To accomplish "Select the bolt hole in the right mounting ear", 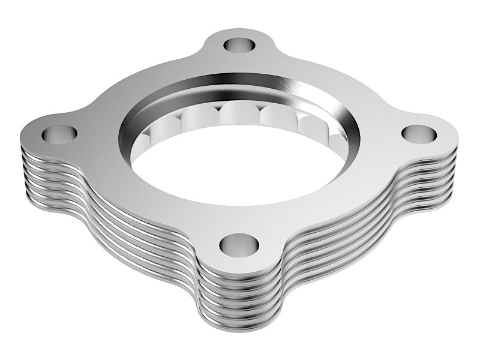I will tap(419, 134).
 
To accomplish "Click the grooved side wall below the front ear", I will tap(240, 300).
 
